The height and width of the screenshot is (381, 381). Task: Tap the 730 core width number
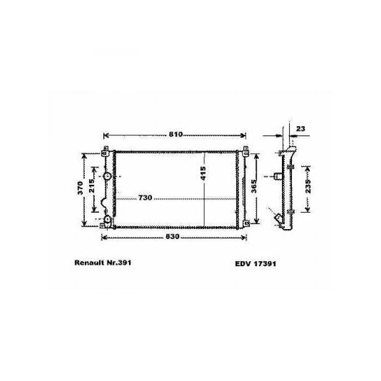145,198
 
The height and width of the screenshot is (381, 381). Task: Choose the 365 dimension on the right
253,186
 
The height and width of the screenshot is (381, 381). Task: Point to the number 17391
265,263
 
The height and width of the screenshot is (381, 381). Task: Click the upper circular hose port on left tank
108,176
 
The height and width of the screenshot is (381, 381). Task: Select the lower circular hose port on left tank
108,220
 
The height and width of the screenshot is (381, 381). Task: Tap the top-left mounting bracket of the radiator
104,152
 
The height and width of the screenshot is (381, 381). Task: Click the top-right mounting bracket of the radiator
246,152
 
